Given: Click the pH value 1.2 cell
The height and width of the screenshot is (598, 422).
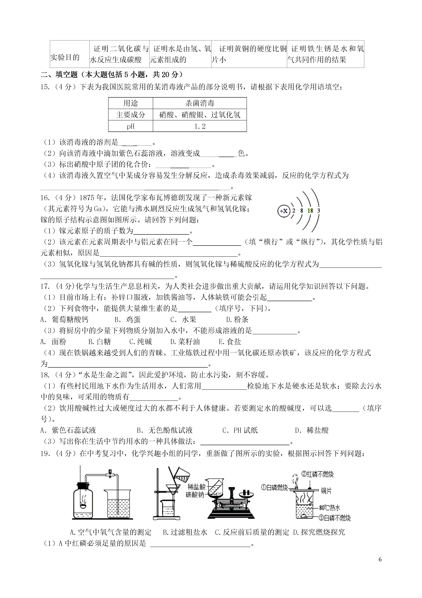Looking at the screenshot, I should pos(200,126).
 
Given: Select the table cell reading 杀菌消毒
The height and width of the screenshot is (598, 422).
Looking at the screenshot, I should pos(200,103).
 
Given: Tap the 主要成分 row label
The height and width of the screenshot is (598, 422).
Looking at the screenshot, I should pos(131,115).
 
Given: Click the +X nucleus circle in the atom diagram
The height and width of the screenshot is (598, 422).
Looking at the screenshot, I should pos(284,211).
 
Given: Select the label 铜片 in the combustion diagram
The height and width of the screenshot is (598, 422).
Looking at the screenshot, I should pos(326,491).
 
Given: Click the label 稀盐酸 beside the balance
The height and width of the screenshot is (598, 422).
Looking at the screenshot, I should pos(197,487).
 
